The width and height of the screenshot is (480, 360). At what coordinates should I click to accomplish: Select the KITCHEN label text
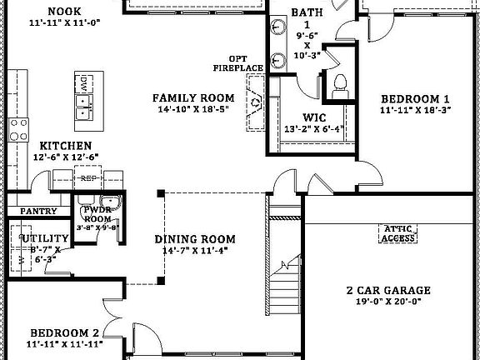pyautogui.click(x=59, y=145)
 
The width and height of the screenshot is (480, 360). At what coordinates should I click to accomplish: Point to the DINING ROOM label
pyautogui.click(x=195, y=239)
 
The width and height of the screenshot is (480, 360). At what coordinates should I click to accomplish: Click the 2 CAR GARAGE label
pyautogui.click(x=388, y=291)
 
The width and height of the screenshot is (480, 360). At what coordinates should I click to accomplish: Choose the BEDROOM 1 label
pyautogui.click(x=415, y=97)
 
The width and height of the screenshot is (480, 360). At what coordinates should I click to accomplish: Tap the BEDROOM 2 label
pyautogui.click(x=62, y=331)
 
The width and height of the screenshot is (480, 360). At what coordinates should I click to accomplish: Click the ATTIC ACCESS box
pyautogui.click(x=397, y=233)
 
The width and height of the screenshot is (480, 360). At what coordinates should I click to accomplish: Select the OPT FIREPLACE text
pyautogui.click(x=238, y=62)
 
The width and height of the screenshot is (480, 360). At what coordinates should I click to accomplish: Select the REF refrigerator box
pyautogui.click(x=87, y=177)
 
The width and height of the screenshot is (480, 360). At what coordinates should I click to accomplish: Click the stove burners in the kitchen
pyautogui.click(x=17, y=129)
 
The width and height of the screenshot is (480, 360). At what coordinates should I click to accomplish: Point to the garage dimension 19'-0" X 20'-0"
pyautogui.click(x=388, y=304)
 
